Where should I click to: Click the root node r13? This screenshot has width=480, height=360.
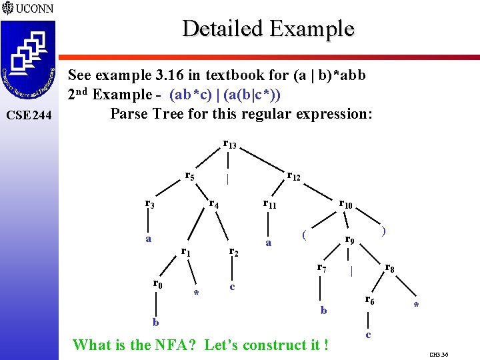tap(229, 145)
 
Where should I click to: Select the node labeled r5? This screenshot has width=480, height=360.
tap(190, 177)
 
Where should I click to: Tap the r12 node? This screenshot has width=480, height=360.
tap(293, 177)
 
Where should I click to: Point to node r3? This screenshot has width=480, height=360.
tap(150, 204)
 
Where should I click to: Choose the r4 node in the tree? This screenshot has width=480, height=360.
tap(214, 204)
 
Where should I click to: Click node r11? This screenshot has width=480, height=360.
tap(269, 204)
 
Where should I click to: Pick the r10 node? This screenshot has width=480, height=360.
tap(345, 204)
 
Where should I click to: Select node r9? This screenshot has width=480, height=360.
tap(349, 239)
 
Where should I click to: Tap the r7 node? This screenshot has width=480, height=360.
tap(321, 269)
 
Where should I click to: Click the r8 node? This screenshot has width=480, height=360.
tap(391, 269)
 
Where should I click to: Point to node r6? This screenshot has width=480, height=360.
tap(369, 301)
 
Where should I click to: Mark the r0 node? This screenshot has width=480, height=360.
tap(158, 284)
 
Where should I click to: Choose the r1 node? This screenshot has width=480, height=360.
tap(187, 252)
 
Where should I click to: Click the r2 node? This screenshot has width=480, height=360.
tap(234, 252)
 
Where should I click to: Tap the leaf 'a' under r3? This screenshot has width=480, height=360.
tap(149, 239)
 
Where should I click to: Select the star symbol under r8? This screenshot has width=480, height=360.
tap(416, 306)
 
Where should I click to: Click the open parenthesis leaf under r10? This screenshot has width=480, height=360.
tap(303, 234)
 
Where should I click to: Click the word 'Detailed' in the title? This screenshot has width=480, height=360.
tap(223, 29)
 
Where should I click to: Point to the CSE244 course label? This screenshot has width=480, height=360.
tap(27, 115)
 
